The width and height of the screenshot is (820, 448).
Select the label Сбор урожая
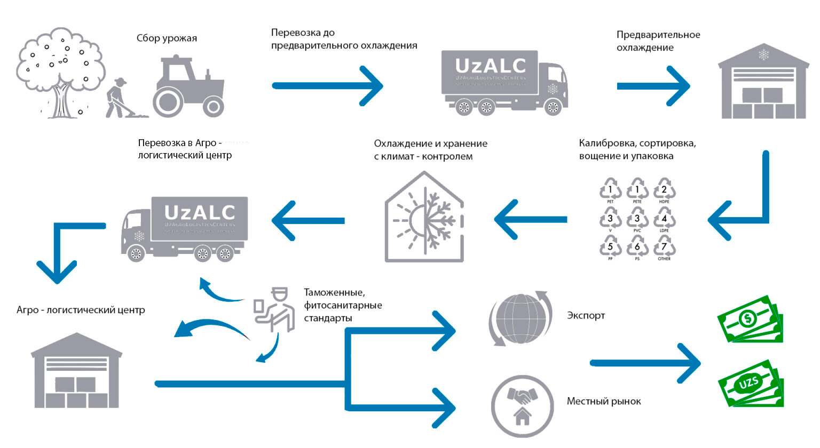click(x=167, y=38)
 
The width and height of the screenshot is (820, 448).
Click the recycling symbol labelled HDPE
click(x=664, y=190)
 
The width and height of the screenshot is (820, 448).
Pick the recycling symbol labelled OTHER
click(x=664, y=248)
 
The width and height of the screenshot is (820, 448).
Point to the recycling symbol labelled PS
click(x=637, y=248)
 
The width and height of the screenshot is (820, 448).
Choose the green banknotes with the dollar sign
click(x=750, y=320)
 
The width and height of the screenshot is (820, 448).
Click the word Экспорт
click(x=586, y=315)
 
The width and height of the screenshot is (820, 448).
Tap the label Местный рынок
click(x=604, y=401)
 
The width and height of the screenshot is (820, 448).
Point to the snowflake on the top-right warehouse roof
click(x=763, y=55)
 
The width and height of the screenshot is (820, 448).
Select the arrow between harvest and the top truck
click(x=327, y=86)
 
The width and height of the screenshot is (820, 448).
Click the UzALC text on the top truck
click(x=490, y=66)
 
